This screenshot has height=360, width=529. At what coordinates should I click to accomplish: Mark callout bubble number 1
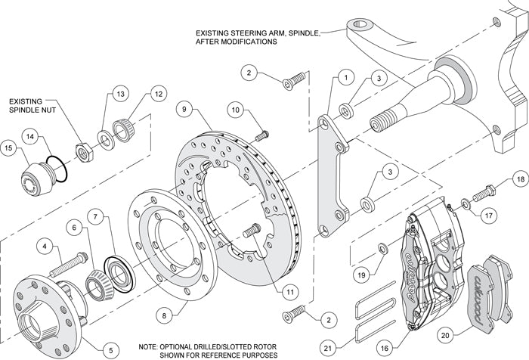click(345, 76)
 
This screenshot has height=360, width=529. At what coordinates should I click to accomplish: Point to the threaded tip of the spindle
click(382, 123)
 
